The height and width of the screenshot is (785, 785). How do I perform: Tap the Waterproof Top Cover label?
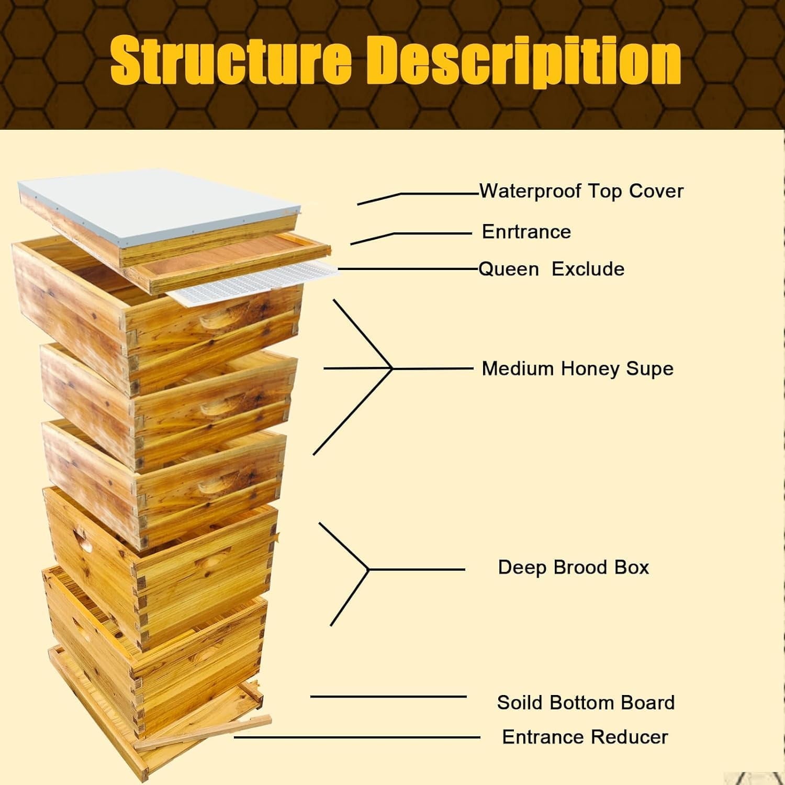pos(581,191)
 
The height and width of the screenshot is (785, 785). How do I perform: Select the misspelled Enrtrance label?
pos(526,232)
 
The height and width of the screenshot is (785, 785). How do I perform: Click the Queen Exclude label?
pos(551,269)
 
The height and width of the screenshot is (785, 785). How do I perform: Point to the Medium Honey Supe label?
pos(577,368)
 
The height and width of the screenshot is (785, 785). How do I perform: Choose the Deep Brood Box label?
pos(573,567)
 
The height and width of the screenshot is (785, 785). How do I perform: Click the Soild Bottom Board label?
pos(586,702)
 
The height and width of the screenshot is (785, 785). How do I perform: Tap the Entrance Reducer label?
pos(585,737)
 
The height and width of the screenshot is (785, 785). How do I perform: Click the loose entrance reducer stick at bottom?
pos(204,733)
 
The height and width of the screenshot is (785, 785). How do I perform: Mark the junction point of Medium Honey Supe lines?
pos(392,368)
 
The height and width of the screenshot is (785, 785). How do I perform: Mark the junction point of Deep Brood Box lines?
pos(368,569)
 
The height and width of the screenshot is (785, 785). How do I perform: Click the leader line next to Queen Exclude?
pos(408,269)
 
